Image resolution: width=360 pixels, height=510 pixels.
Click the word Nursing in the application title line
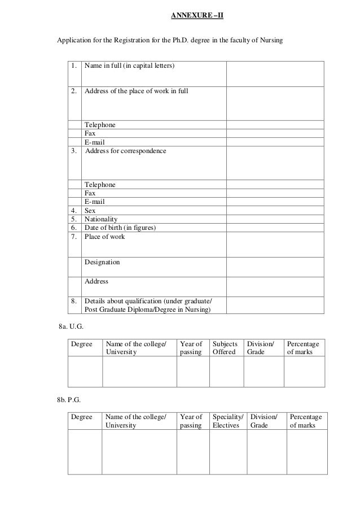click(x=270, y=42)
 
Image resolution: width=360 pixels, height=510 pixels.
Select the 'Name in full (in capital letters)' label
click(x=129, y=67)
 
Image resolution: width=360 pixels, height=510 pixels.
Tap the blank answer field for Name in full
click(x=275, y=73)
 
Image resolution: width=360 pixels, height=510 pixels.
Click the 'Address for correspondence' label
click(x=125, y=151)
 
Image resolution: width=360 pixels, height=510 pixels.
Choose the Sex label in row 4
click(x=90, y=211)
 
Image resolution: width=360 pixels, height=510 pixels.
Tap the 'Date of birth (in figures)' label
click(x=120, y=228)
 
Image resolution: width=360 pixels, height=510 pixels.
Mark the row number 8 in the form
click(x=74, y=301)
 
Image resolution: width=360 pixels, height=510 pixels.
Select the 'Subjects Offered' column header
click(x=225, y=348)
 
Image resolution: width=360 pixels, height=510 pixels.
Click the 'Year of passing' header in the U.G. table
click(x=191, y=348)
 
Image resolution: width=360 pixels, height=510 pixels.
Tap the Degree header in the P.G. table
click(x=82, y=417)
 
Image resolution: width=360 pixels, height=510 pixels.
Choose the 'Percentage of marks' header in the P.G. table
click(x=305, y=421)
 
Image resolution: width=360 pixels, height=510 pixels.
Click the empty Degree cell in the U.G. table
click(x=85, y=371)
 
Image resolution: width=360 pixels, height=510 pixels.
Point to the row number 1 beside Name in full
click(x=74, y=67)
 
